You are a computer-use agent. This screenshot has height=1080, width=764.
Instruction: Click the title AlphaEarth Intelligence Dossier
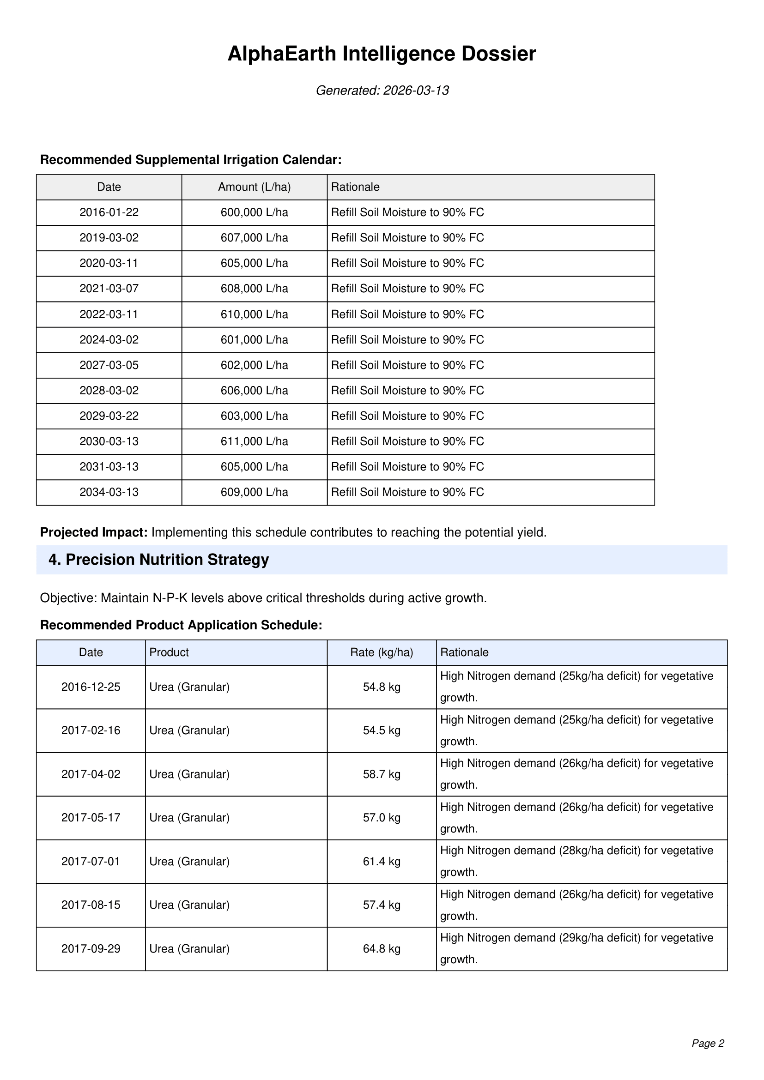pyautogui.click(x=382, y=54)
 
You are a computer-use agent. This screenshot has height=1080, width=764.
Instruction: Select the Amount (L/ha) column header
pyautogui.click(x=254, y=187)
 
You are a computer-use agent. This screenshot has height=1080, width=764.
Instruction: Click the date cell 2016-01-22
pyautogui.click(x=109, y=212)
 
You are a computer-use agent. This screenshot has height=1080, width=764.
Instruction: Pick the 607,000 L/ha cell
pyautogui.click(x=254, y=238)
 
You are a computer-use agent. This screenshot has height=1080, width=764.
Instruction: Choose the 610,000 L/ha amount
pyautogui.click(x=254, y=314)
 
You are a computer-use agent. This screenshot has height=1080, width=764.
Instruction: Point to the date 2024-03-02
pyautogui.click(x=109, y=340)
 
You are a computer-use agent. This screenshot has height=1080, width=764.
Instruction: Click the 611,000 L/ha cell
pyautogui.click(x=254, y=441)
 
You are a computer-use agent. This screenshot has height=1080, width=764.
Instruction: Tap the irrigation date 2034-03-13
pyautogui.click(x=109, y=492)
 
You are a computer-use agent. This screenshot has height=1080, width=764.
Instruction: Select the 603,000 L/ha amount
pyautogui.click(x=254, y=416)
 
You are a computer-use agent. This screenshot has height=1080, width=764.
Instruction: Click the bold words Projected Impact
pyautogui.click(x=94, y=532)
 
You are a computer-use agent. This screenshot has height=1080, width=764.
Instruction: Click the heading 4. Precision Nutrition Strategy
pyautogui.click(x=158, y=560)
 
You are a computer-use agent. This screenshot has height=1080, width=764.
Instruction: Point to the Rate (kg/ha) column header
pyautogui.click(x=382, y=652)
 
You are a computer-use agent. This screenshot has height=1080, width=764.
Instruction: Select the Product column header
pyautogui.click(x=169, y=652)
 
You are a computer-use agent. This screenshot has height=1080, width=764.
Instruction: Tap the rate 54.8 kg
pyautogui.click(x=382, y=687)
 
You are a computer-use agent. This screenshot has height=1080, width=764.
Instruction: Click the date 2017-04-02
pyautogui.click(x=91, y=774)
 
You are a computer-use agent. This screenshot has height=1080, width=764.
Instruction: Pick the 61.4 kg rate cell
pyautogui.click(x=382, y=861)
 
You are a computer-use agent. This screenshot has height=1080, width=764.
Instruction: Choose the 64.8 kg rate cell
pyautogui.click(x=382, y=949)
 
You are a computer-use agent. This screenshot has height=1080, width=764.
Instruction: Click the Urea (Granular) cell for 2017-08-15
pyautogui.click(x=189, y=905)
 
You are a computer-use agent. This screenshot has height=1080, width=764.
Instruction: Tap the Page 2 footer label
pyautogui.click(x=708, y=1044)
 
